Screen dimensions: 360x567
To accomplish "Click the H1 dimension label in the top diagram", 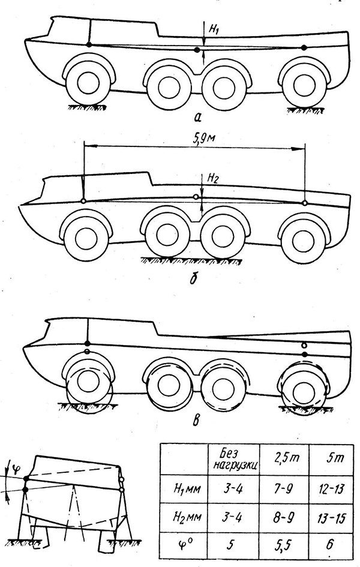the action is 214,29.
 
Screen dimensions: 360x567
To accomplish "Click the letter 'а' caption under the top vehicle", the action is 197,117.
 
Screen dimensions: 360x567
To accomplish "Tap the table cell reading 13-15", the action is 331,517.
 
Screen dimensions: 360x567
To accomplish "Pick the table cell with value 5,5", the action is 284,544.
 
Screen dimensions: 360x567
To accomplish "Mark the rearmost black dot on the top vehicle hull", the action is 304,47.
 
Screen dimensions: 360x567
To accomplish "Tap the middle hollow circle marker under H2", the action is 196,197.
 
